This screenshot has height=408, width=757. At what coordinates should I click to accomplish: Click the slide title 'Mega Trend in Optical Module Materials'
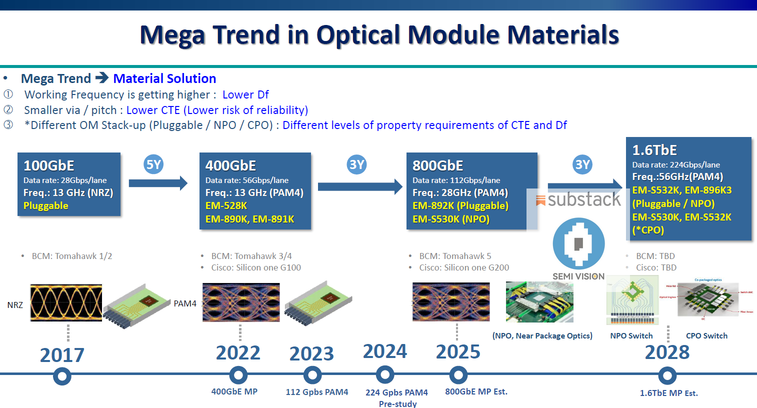(x=379, y=35)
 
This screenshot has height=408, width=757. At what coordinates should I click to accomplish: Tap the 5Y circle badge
(x=153, y=164)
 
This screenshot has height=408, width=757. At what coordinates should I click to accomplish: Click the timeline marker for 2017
(x=62, y=376)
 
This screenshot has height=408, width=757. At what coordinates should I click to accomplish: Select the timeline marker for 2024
(x=384, y=374)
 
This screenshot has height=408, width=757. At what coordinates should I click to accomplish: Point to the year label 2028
(x=667, y=352)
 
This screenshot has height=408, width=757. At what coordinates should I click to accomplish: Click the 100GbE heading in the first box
(x=49, y=165)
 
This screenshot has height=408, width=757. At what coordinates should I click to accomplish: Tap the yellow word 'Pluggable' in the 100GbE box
(x=46, y=205)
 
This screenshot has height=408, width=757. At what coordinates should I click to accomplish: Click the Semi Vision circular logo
(x=578, y=243)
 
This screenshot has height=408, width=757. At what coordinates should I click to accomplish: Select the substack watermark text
(x=583, y=199)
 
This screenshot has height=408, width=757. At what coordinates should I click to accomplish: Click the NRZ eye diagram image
(x=66, y=302)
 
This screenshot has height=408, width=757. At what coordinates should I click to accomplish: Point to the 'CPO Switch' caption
(x=706, y=336)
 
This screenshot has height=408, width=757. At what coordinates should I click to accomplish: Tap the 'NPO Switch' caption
(x=631, y=336)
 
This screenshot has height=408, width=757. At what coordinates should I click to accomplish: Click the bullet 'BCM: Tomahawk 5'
(x=455, y=256)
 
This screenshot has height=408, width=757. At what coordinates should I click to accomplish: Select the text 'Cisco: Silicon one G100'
(x=256, y=267)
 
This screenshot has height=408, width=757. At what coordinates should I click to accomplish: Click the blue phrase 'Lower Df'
(x=245, y=94)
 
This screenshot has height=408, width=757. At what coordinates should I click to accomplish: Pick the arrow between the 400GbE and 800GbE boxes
(x=359, y=186)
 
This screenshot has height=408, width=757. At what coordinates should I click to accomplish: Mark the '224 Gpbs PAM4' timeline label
(x=396, y=392)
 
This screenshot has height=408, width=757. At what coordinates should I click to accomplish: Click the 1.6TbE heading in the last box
(x=654, y=150)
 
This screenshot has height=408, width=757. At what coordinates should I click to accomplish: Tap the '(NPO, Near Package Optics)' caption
(x=542, y=336)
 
